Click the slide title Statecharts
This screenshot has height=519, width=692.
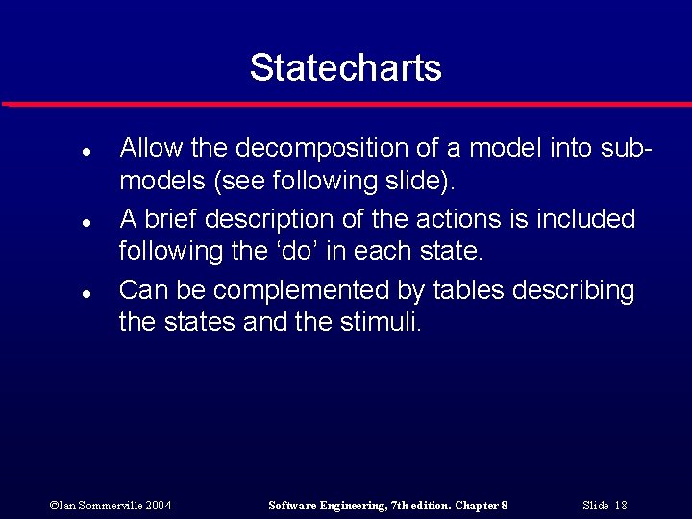click(x=345, y=67)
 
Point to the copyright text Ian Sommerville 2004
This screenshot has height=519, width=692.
click(x=111, y=505)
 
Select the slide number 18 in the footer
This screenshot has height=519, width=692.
click(x=620, y=505)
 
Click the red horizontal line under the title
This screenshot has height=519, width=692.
click(x=346, y=104)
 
